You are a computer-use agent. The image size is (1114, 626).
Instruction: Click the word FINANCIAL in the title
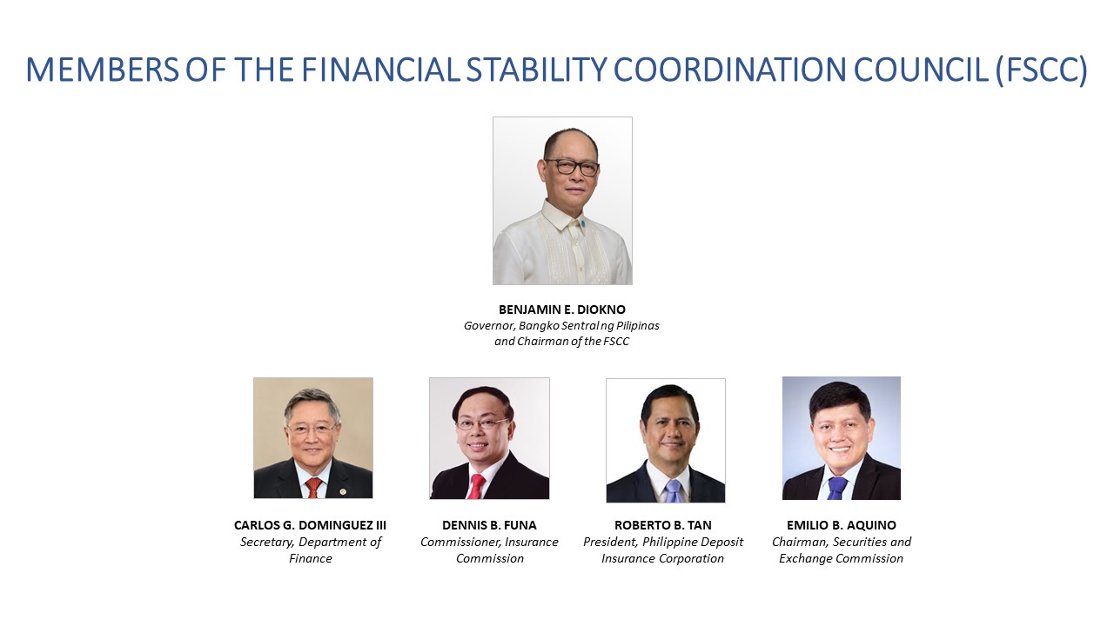tap(381, 70)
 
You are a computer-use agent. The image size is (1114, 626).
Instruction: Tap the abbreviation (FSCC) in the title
tap(1043, 70)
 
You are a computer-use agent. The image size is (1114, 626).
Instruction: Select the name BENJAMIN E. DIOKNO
tap(562, 310)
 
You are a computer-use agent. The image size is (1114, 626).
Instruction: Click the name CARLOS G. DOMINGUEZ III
tap(310, 525)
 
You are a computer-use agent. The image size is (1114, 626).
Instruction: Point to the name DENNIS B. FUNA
tap(489, 525)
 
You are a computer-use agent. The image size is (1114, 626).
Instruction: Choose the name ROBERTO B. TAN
tap(663, 525)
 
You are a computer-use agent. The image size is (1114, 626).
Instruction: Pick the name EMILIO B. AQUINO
tap(842, 525)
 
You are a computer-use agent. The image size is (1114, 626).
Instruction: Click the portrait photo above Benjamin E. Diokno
tap(562, 201)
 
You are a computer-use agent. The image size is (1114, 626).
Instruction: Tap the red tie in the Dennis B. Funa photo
tap(475, 486)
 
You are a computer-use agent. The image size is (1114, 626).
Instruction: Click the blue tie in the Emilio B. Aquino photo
tap(837, 489)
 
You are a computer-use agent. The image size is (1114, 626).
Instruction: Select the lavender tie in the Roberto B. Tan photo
tap(673, 491)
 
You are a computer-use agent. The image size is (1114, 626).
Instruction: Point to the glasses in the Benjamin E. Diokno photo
tap(572, 167)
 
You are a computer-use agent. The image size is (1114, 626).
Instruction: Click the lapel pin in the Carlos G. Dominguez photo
tap(343, 492)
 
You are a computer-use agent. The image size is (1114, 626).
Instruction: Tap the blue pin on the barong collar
tap(582, 224)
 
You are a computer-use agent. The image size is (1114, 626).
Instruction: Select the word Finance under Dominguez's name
tap(311, 558)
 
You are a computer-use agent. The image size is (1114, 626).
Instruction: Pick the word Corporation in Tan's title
tap(692, 558)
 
